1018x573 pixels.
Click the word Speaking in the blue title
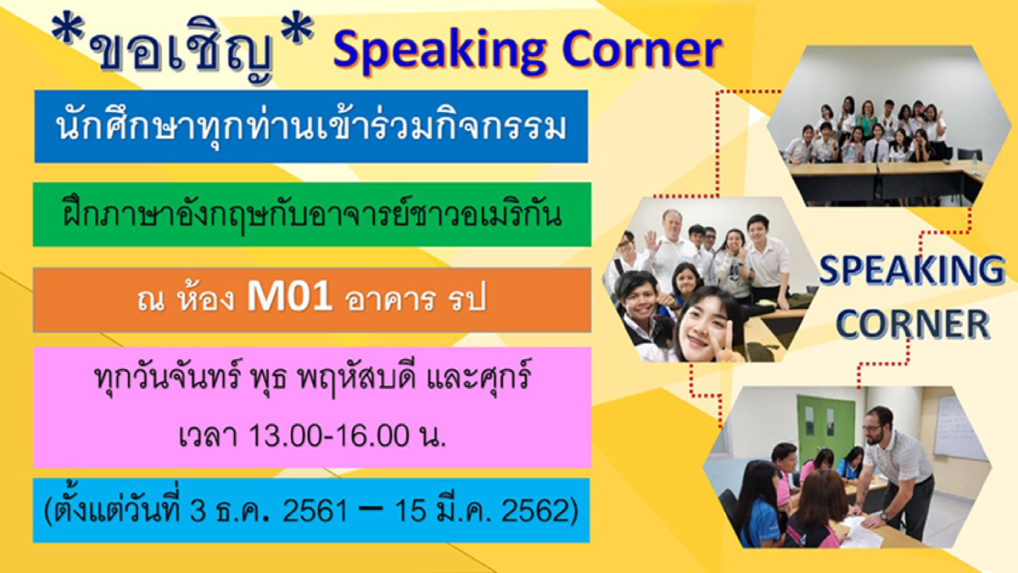coord(439,52)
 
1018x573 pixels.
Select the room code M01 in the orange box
coord(289,297)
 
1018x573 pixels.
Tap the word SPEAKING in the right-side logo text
coord(911,270)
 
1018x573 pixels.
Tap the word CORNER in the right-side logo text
coord(913,323)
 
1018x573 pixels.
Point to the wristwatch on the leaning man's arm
coord(883,517)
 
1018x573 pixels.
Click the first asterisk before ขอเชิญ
coord(67,30)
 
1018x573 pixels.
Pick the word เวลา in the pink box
coord(208,435)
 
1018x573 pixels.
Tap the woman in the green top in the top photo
coord(867,119)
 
